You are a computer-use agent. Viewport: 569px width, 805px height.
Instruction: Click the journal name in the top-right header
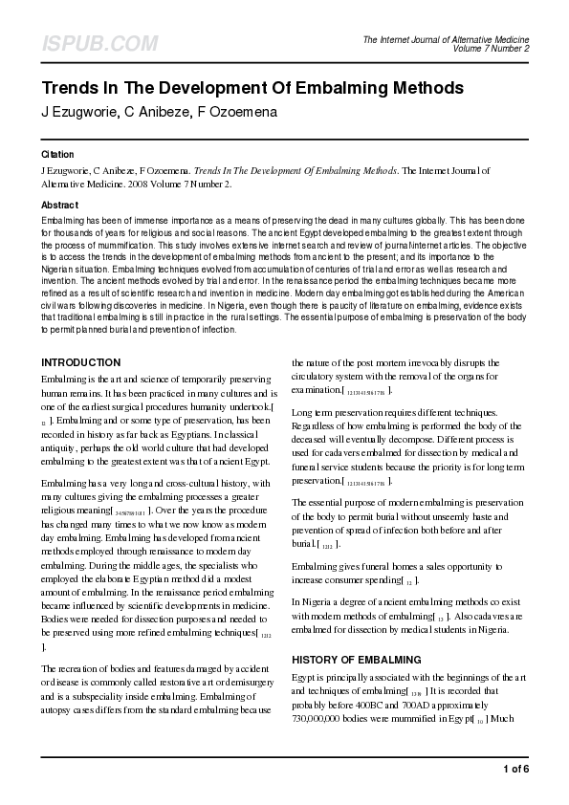pos(446,38)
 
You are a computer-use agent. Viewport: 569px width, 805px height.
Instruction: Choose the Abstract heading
pos(59,206)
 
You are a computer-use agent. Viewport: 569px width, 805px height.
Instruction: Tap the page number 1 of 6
pos(514,769)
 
